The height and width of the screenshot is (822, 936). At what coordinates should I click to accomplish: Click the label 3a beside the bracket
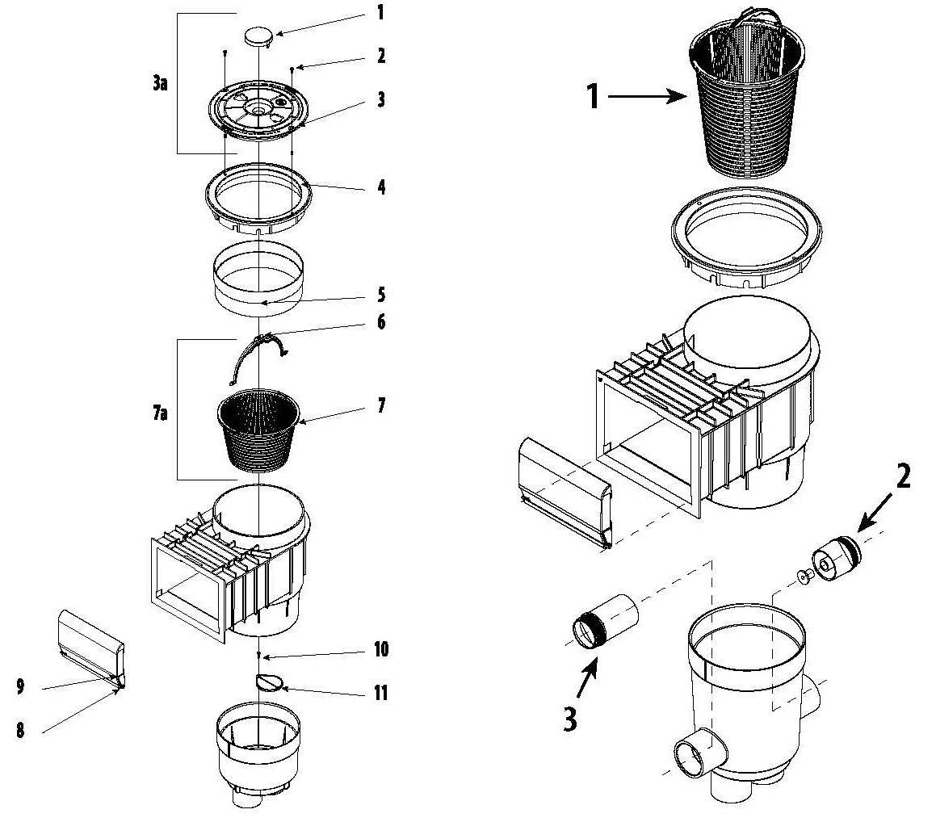click(159, 83)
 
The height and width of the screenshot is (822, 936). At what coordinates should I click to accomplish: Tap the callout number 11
click(380, 693)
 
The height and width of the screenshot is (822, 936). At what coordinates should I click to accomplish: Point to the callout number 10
click(380, 649)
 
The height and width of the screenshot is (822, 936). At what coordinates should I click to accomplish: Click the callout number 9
click(19, 687)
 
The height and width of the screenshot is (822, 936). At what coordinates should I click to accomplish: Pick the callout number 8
click(19, 731)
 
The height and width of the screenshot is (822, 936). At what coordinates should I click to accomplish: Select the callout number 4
click(380, 187)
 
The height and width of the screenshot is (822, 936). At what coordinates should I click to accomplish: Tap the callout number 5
click(380, 295)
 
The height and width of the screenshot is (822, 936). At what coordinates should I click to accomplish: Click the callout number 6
click(380, 323)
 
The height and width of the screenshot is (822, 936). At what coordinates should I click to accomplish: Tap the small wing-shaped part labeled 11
click(270, 683)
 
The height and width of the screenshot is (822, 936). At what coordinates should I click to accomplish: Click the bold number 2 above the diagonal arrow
click(902, 477)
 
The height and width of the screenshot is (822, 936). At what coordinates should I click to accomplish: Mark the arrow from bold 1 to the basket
click(645, 97)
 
